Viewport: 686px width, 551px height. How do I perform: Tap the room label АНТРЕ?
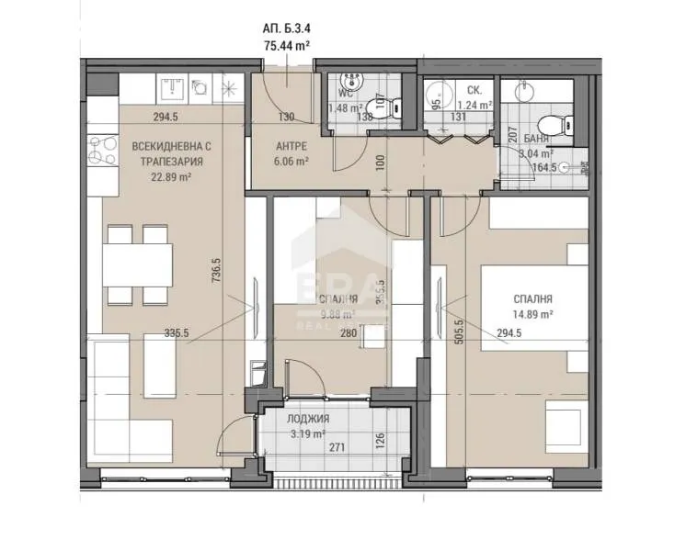pyautogui.click(x=291, y=145)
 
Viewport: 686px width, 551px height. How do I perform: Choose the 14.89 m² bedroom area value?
pyautogui.click(x=532, y=314)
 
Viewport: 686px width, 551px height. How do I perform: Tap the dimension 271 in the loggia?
pyautogui.click(x=337, y=450)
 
